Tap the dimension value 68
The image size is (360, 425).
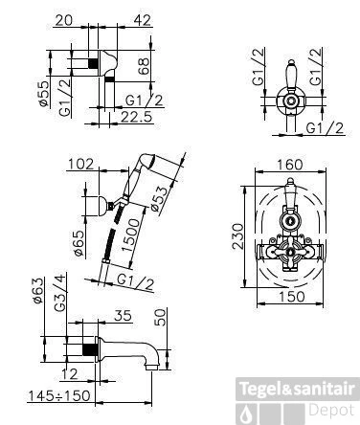tap(145, 66)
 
